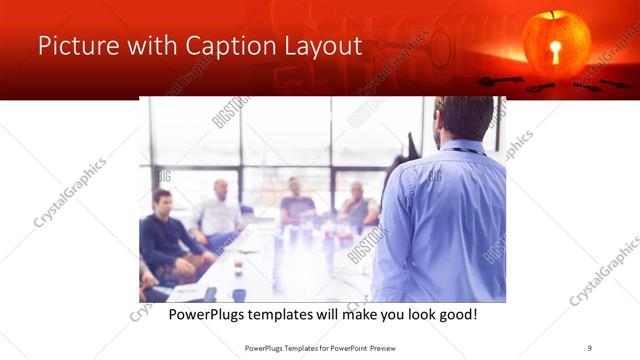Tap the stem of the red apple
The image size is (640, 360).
tap(554, 15)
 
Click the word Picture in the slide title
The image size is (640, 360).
tap(76, 47)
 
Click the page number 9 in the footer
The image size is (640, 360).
tap(590, 347)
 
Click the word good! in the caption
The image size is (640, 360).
tap(455, 315)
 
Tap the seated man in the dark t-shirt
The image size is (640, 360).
tap(296, 202)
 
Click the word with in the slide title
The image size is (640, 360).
tap(152, 47)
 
